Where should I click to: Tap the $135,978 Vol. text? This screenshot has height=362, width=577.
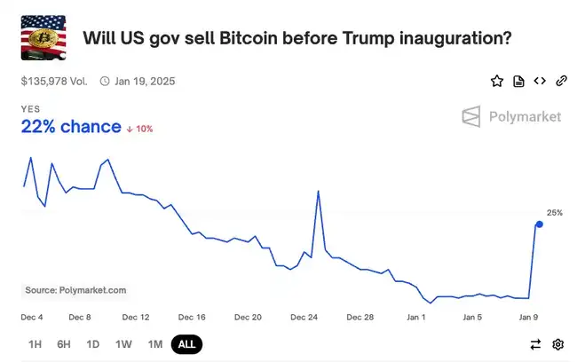(x=53, y=81)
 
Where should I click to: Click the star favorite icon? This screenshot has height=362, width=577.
(x=497, y=82)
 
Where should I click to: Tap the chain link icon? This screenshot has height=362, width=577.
(x=561, y=82)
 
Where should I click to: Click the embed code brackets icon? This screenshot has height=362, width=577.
(x=540, y=82)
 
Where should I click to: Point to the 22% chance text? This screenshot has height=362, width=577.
(x=71, y=127)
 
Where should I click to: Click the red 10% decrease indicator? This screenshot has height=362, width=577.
(x=139, y=129)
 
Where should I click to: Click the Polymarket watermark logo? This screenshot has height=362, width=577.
(x=512, y=116)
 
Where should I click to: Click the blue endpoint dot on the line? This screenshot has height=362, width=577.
(x=540, y=224)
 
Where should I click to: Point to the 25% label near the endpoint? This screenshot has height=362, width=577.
(x=554, y=213)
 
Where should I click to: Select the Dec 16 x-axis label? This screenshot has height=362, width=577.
(x=191, y=317)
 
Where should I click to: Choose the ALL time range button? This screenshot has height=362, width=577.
(x=186, y=344)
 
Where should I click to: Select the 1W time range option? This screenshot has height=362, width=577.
(x=123, y=344)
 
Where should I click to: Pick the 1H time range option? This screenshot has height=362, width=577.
(x=36, y=344)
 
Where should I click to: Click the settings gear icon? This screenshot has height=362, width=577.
(x=558, y=344)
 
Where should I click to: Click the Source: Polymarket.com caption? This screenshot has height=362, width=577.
(x=75, y=290)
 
